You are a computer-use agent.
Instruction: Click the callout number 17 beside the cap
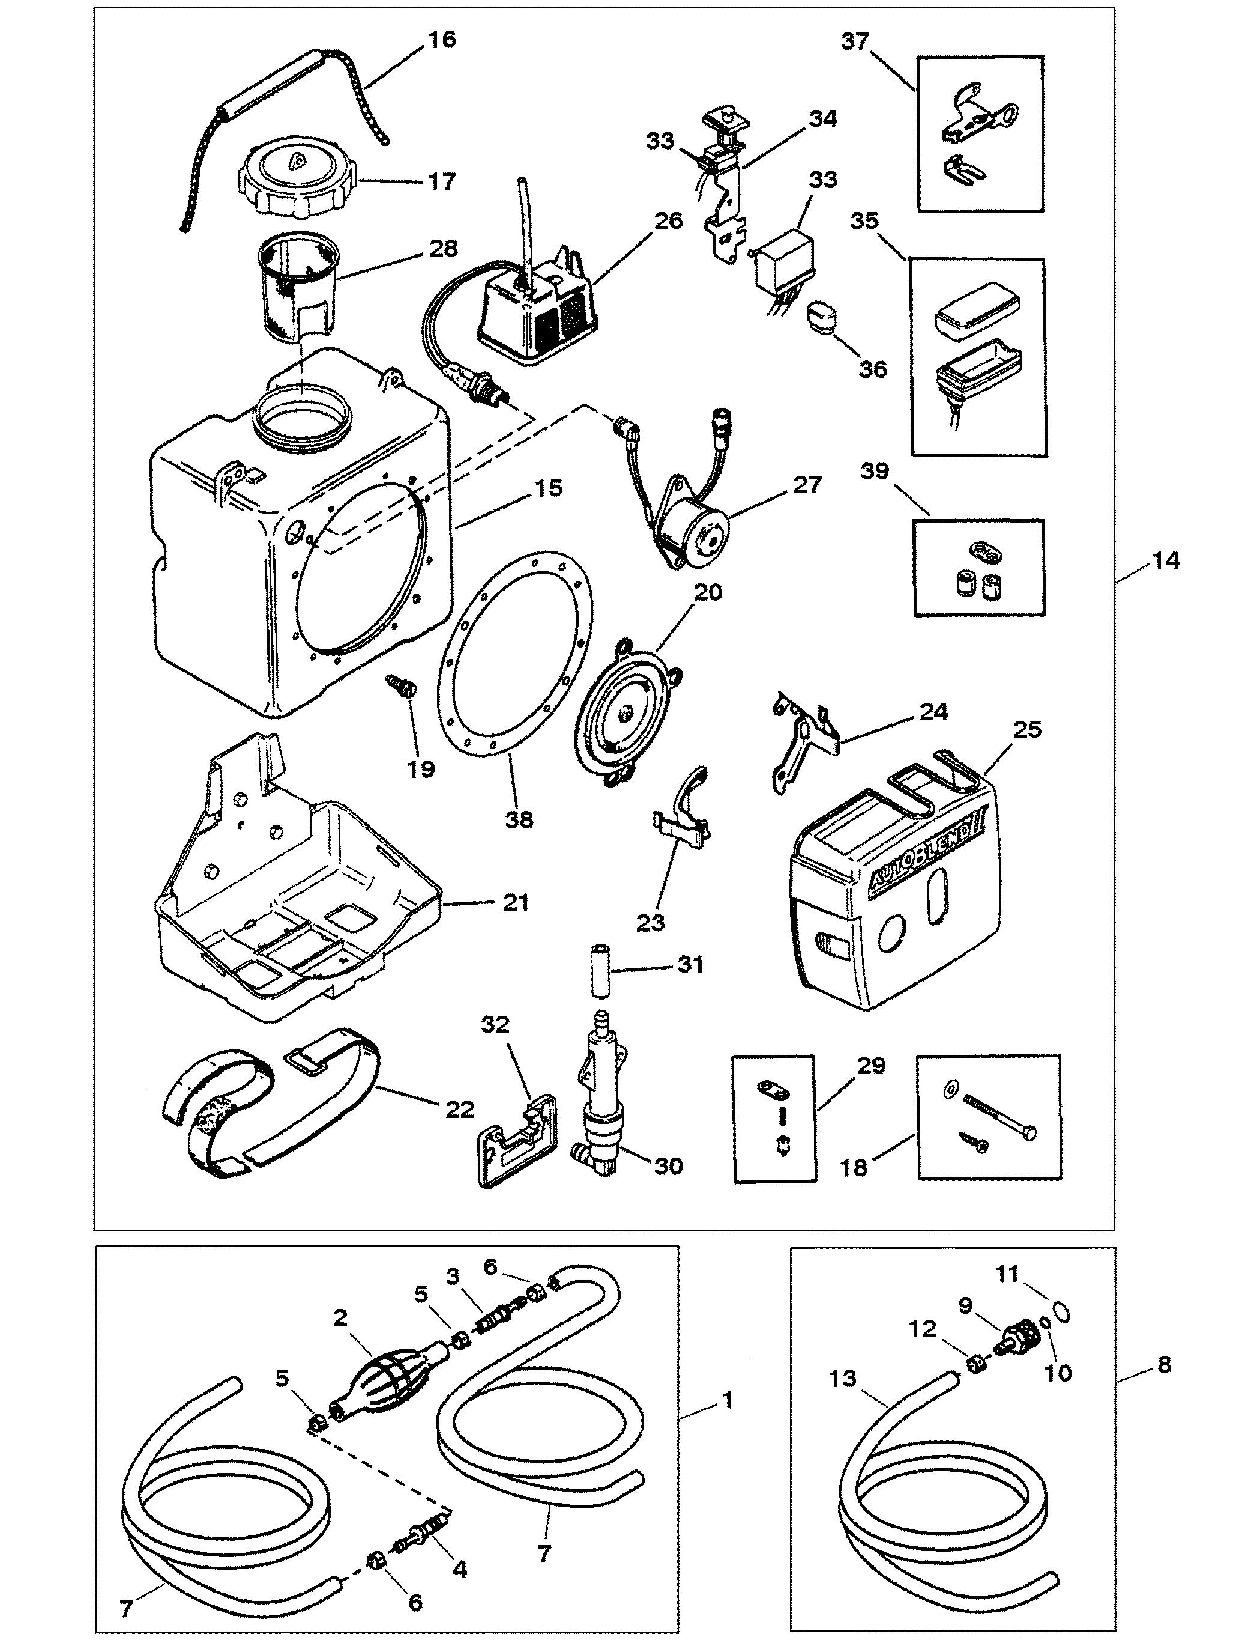click(x=442, y=182)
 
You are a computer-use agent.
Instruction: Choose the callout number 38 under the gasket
click(x=519, y=819)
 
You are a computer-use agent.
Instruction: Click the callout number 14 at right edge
click(x=1166, y=560)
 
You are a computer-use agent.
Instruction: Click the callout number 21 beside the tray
click(x=516, y=903)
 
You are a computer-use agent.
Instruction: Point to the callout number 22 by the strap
click(x=459, y=1110)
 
